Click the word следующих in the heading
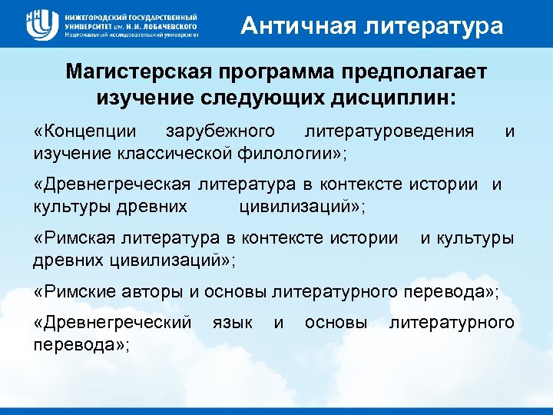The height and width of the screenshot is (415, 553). [x=252, y=98]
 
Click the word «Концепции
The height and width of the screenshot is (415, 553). [x=85, y=131]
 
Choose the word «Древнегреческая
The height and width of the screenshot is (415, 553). [x=114, y=184]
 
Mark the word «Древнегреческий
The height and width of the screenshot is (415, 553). [x=113, y=324]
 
